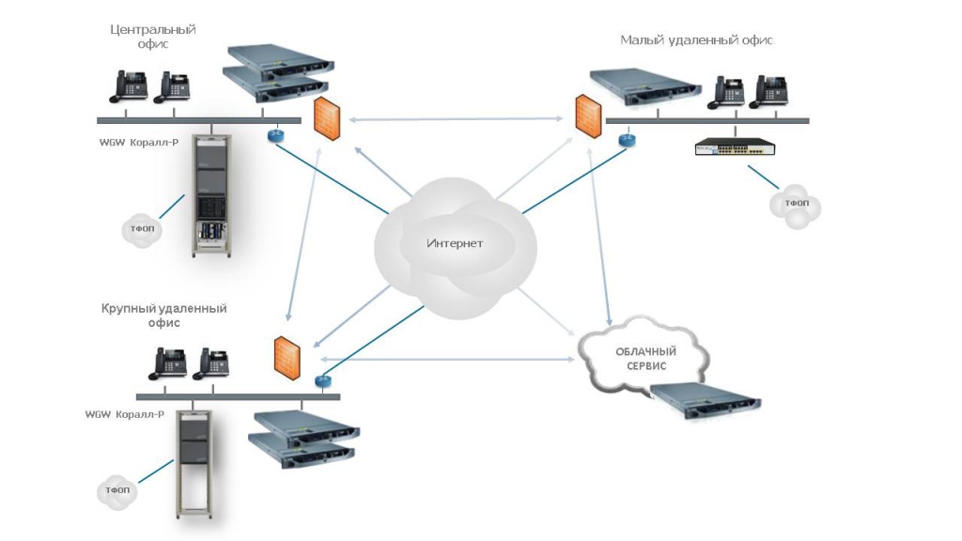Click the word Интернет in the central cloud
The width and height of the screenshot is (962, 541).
tap(455, 243)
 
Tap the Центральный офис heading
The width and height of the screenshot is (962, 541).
tap(153, 37)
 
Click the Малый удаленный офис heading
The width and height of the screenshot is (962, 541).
tap(696, 40)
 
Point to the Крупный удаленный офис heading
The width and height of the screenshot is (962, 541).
tap(164, 315)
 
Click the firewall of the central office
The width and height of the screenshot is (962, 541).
tap(326, 118)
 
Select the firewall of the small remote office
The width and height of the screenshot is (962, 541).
tap(589, 115)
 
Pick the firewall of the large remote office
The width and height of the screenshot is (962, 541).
tap(287, 356)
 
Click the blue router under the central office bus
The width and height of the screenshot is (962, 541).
tap(275, 135)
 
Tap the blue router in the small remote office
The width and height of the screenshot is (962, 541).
tap(627, 140)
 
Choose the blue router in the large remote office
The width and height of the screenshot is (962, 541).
tap(323, 381)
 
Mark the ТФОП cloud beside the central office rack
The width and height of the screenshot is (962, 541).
tap(142, 229)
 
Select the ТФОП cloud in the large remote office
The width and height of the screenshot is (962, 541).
tap(117, 491)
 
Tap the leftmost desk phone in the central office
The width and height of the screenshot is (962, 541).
tap(126, 86)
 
